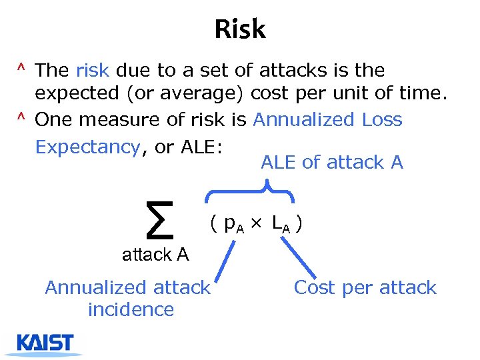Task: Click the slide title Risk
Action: (x=240, y=29)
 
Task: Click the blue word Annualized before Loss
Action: (x=304, y=120)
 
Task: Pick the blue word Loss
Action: (x=382, y=120)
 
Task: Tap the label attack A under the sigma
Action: (x=155, y=254)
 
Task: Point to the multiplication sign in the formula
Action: (x=259, y=225)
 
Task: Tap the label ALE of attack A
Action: (x=332, y=163)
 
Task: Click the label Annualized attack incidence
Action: (x=128, y=298)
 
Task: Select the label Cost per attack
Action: (x=365, y=288)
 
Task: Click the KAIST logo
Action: (x=45, y=344)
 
